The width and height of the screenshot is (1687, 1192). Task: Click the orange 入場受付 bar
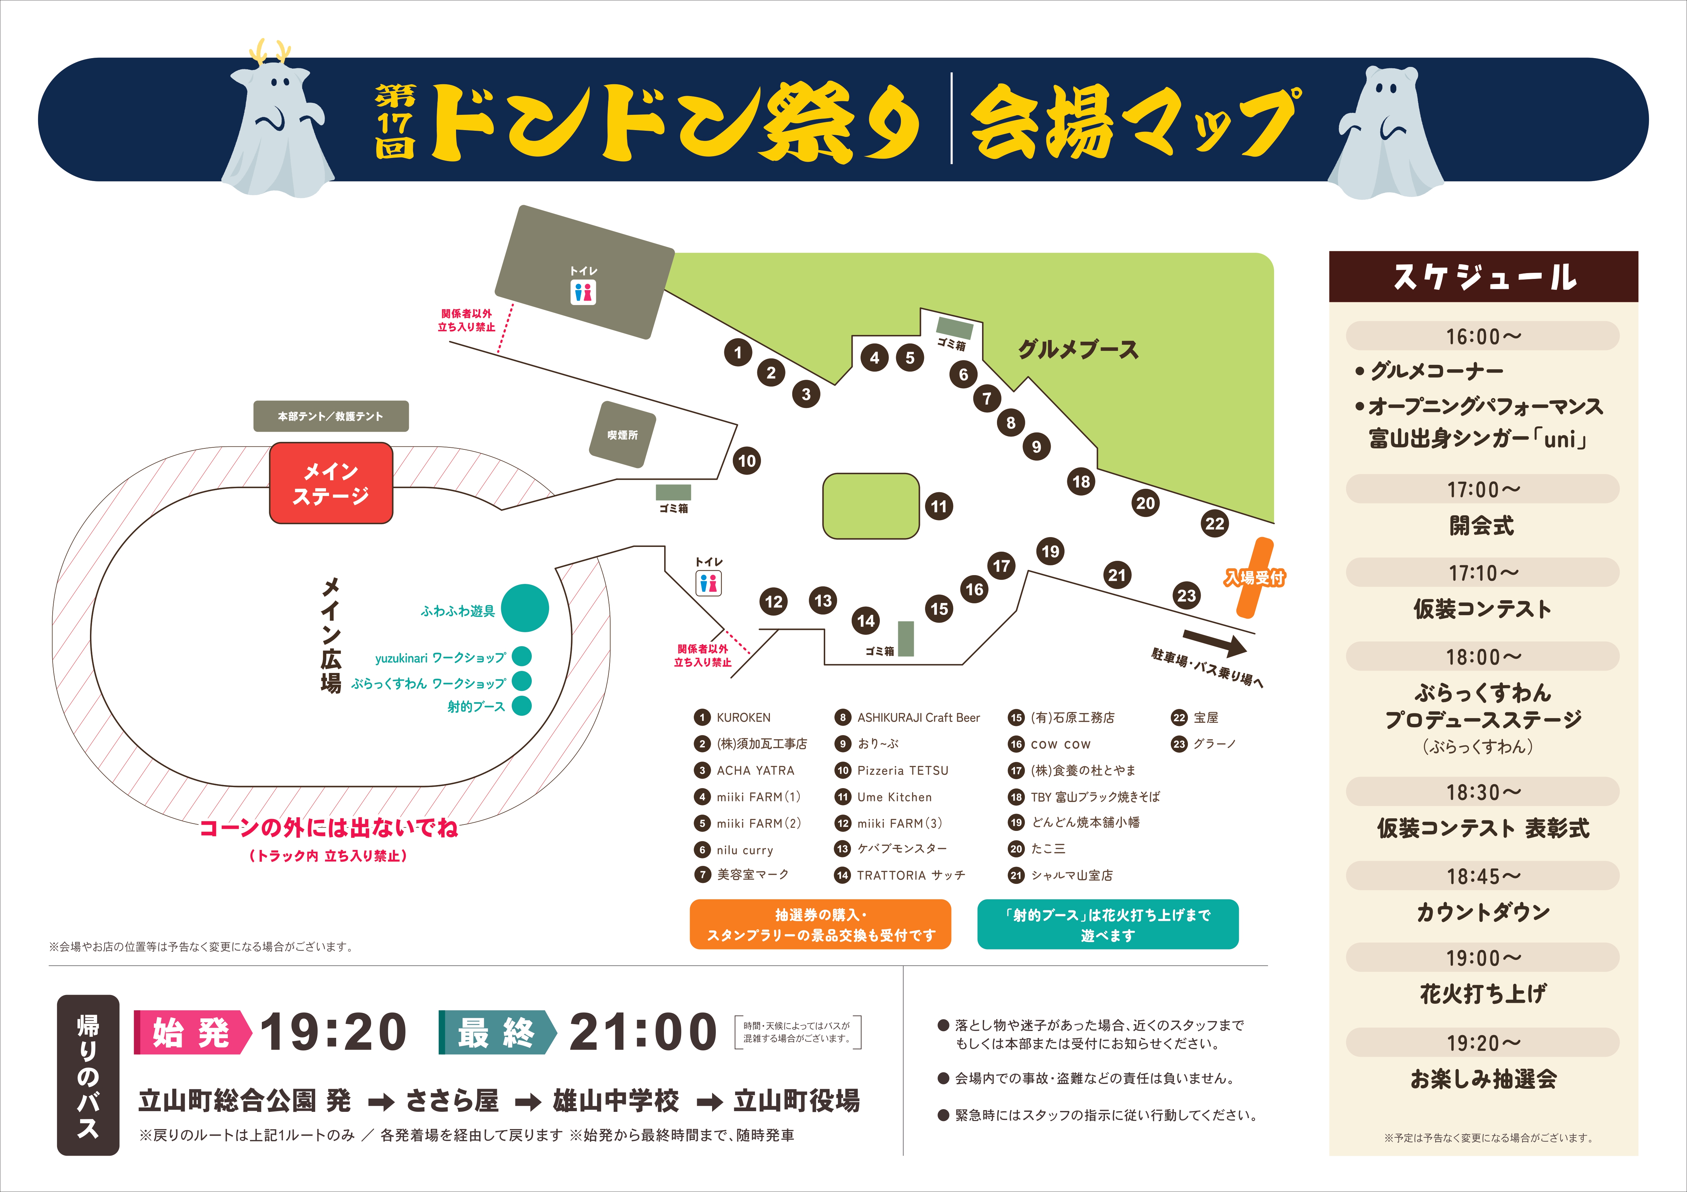tap(1254, 577)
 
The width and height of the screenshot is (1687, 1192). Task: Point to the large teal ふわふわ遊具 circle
tap(525, 608)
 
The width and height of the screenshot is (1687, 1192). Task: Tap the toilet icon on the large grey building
tap(583, 292)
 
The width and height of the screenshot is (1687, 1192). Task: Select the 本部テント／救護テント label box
tap(331, 416)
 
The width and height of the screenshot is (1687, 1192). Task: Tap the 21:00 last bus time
tap(643, 1032)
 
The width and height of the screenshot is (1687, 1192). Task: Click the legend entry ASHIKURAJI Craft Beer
tap(918, 717)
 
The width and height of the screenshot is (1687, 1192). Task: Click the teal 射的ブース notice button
tap(1107, 925)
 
